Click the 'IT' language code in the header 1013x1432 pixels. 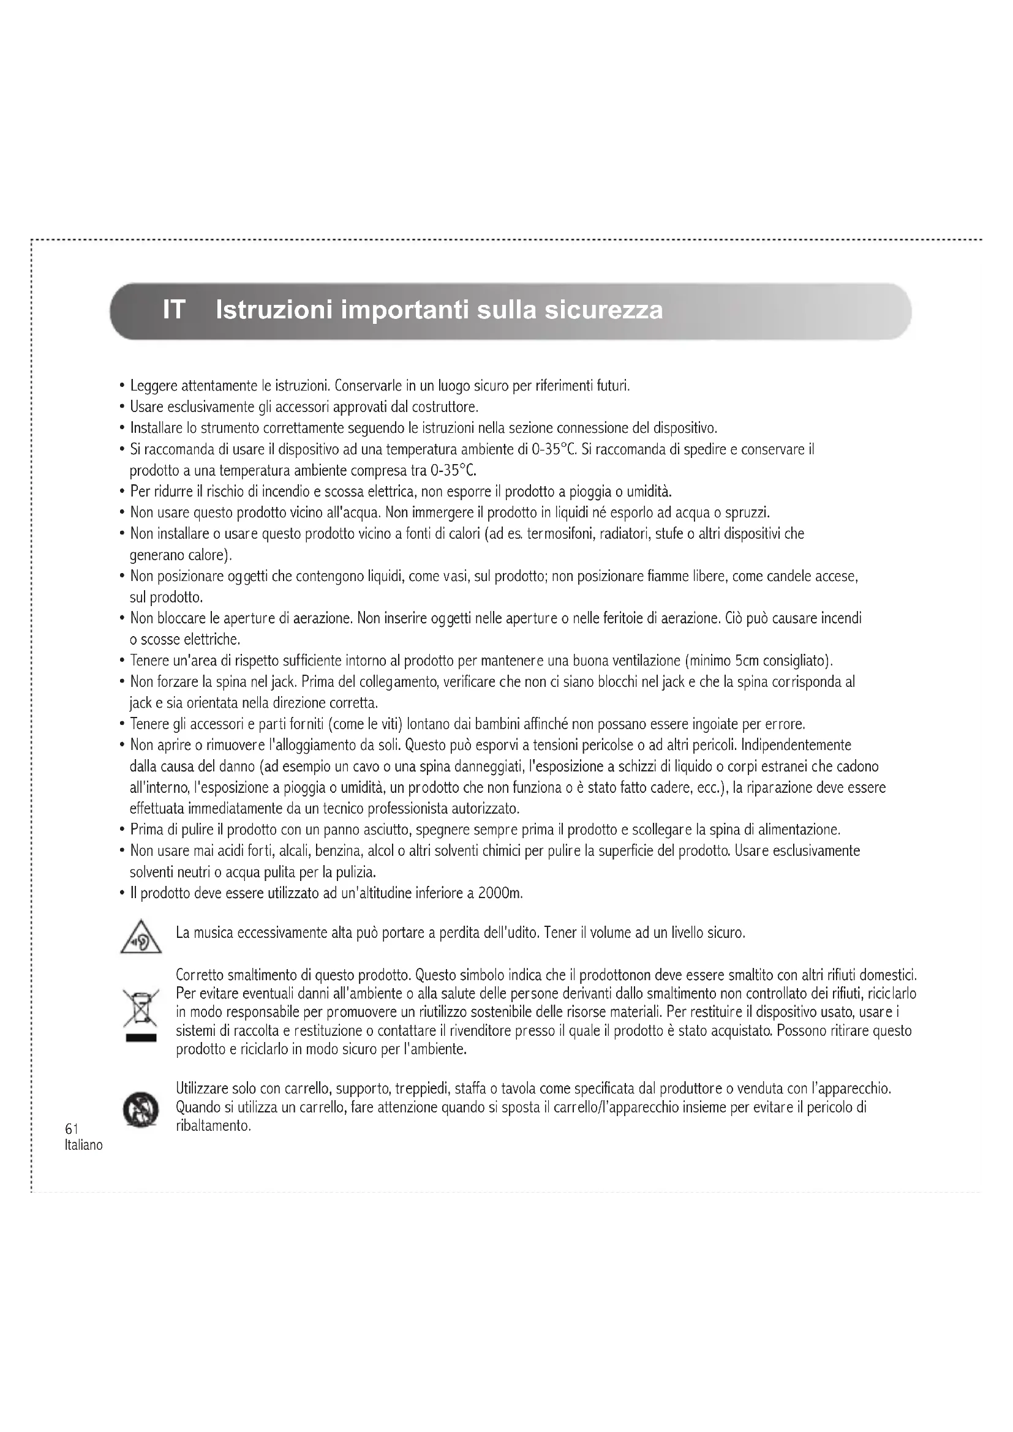point(174,310)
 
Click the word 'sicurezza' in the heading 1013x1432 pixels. point(603,310)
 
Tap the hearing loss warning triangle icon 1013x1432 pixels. point(141,937)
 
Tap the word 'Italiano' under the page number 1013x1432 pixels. point(83,1145)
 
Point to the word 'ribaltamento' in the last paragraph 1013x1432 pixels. point(213,1126)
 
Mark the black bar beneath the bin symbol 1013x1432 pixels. point(141,1038)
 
